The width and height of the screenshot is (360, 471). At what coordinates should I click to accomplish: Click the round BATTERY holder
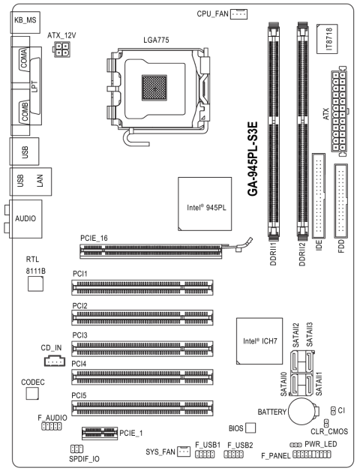[x=304, y=411]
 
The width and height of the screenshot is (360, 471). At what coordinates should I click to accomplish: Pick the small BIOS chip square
[x=250, y=427]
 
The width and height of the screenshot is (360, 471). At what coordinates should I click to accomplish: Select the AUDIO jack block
[x=25, y=220]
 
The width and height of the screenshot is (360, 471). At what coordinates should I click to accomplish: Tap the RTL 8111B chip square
[x=35, y=283]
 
